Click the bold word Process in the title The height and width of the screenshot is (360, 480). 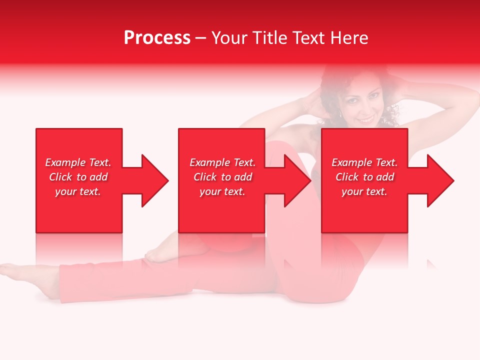pyautogui.click(x=157, y=38)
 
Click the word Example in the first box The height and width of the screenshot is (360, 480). pyautogui.click(x=65, y=162)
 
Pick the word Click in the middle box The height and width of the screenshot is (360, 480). pyautogui.click(x=205, y=177)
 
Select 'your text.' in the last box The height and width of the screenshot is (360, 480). pyautogui.click(x=364, y=191)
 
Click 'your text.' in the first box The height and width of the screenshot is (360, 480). pyautogui.click(x=78, y=191)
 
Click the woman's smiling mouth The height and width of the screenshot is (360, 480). pyautogui.click(x=366, y=120)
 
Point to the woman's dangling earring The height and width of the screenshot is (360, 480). pyautogui.click(x=341, y=115)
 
